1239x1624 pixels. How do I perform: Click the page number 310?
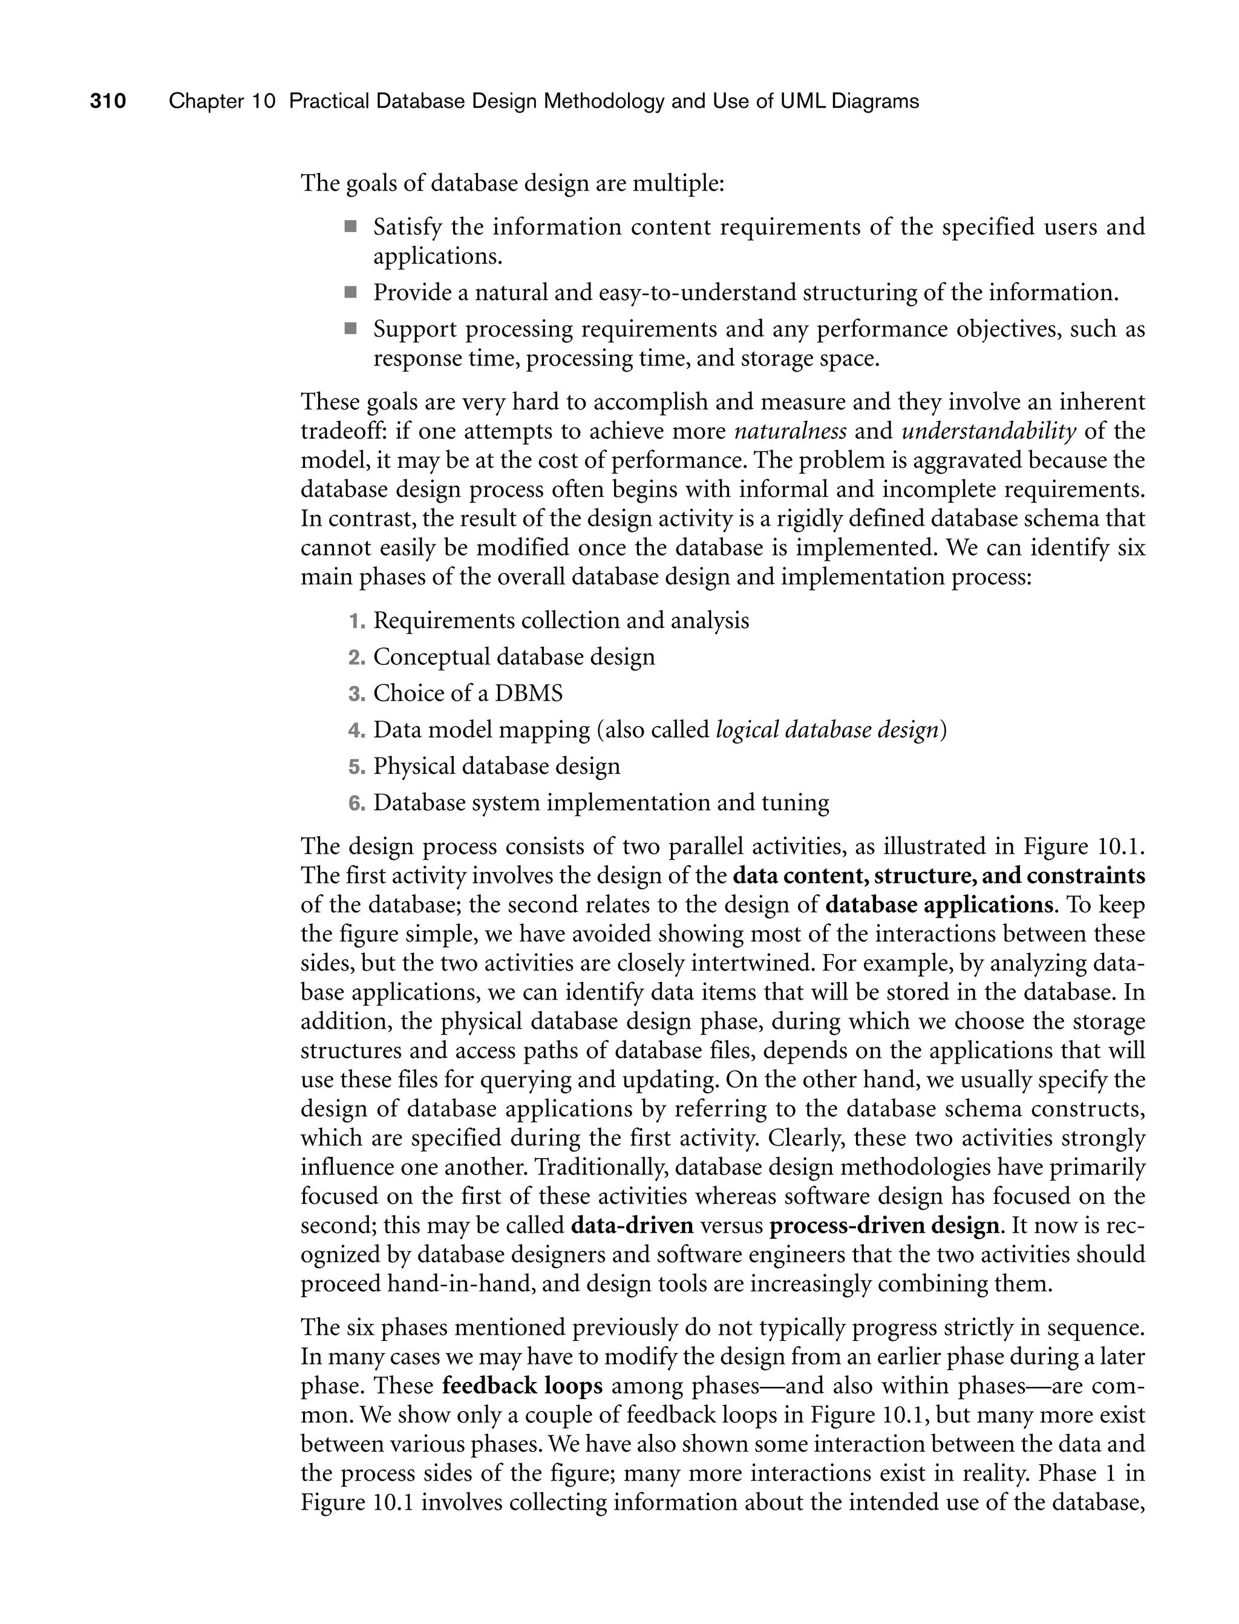[108, 101]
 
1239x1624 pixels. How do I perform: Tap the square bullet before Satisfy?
[350, 226]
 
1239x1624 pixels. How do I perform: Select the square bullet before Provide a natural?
[350, 293]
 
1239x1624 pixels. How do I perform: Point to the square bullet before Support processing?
[350, 329]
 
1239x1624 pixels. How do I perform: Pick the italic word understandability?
[989, 431]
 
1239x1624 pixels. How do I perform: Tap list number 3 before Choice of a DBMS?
[356, 694]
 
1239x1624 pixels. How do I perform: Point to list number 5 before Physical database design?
[356, 767]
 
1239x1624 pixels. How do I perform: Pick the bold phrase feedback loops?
[522, 1386]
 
